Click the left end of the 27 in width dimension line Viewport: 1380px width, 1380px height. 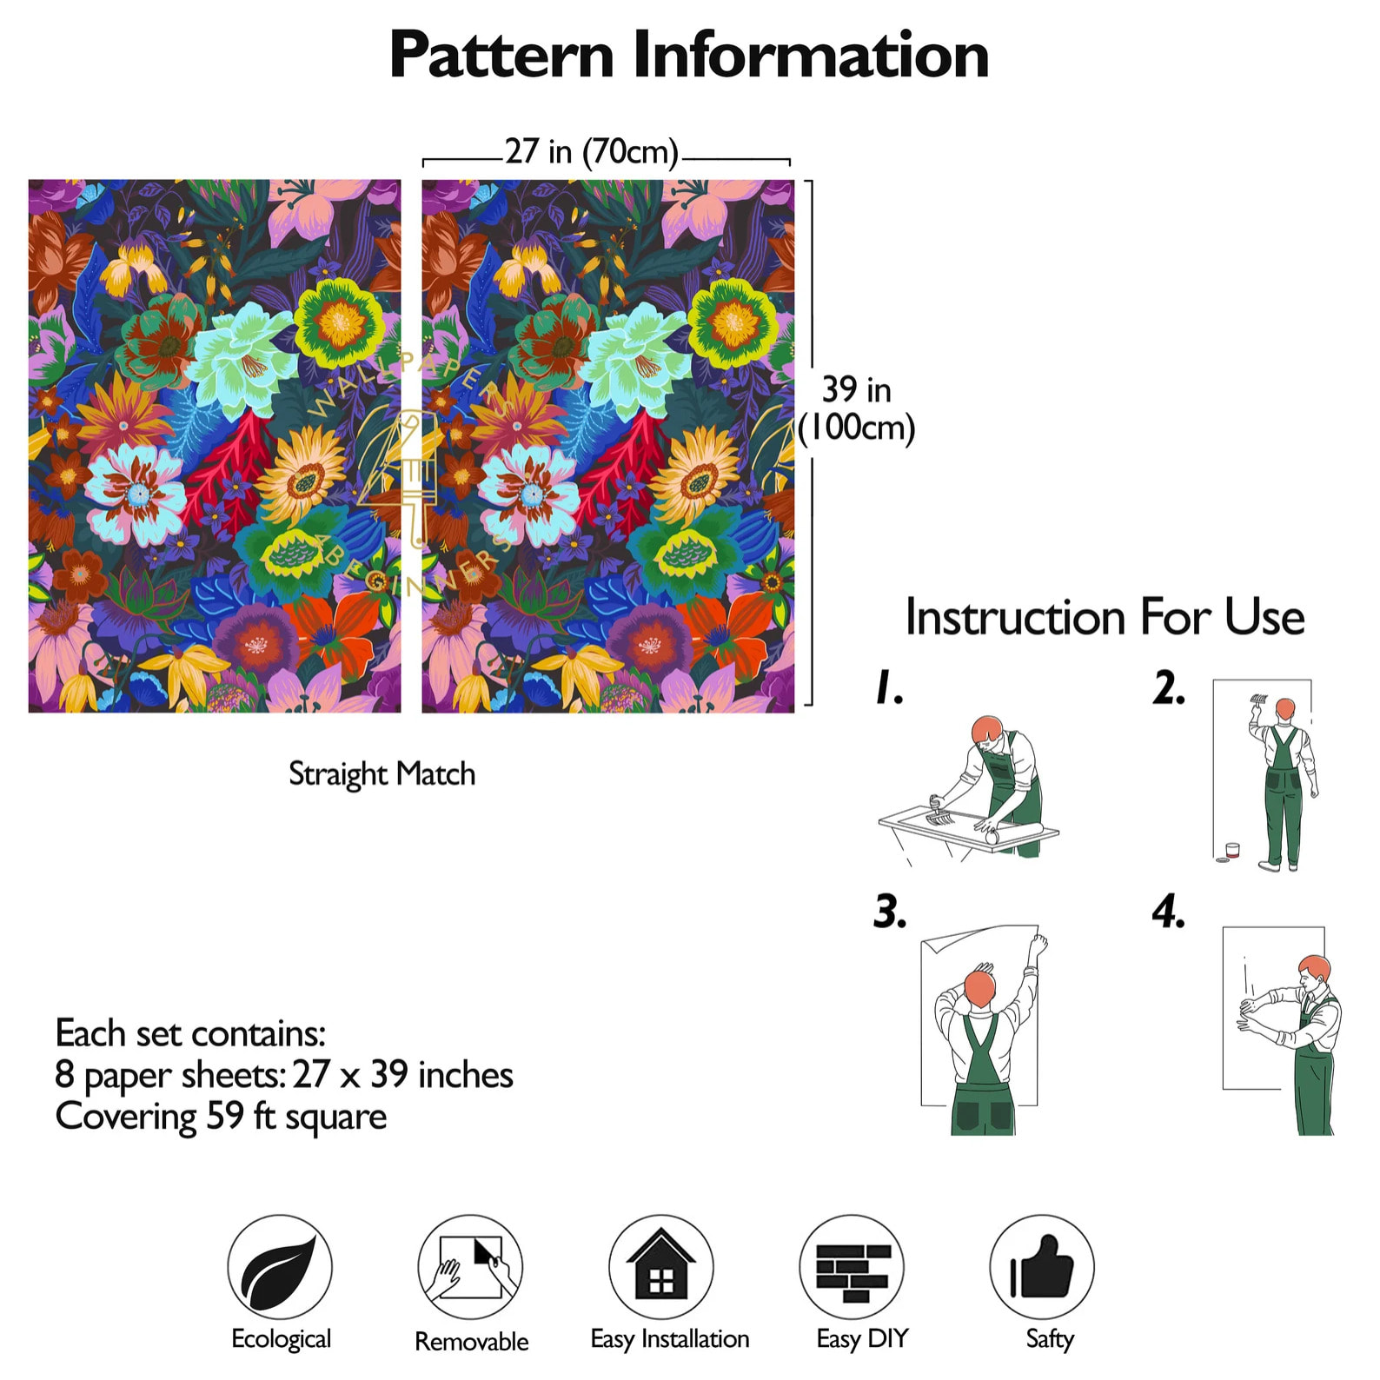[x=423, y=161]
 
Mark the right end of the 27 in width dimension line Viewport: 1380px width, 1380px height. [x=790, y=161]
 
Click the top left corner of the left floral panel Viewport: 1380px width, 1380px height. [x=29, y=180]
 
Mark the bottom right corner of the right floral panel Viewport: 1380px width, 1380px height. [x=794, y=713]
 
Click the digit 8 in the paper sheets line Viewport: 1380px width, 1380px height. [x=64, y=1074]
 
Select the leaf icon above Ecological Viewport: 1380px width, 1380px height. [x=280, y=1267]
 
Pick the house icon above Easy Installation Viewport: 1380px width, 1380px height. [x=660, y=1267]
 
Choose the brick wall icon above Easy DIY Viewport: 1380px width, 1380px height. [x=852, y=1267]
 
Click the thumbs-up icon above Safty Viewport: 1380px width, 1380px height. [x=1042, y=1267]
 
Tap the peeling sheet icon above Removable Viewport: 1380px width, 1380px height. [x=470, y=1267]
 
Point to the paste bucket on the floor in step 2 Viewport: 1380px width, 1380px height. [x=1231, y=850]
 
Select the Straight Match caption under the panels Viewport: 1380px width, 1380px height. [x=382, y=774]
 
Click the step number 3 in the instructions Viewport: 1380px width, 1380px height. [x=890, y=912]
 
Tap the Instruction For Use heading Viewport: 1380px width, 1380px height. [x=1105, y=617]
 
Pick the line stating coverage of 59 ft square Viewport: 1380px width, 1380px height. [x=221, y=1117]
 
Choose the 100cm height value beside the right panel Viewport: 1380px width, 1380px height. [x=856, y=428]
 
